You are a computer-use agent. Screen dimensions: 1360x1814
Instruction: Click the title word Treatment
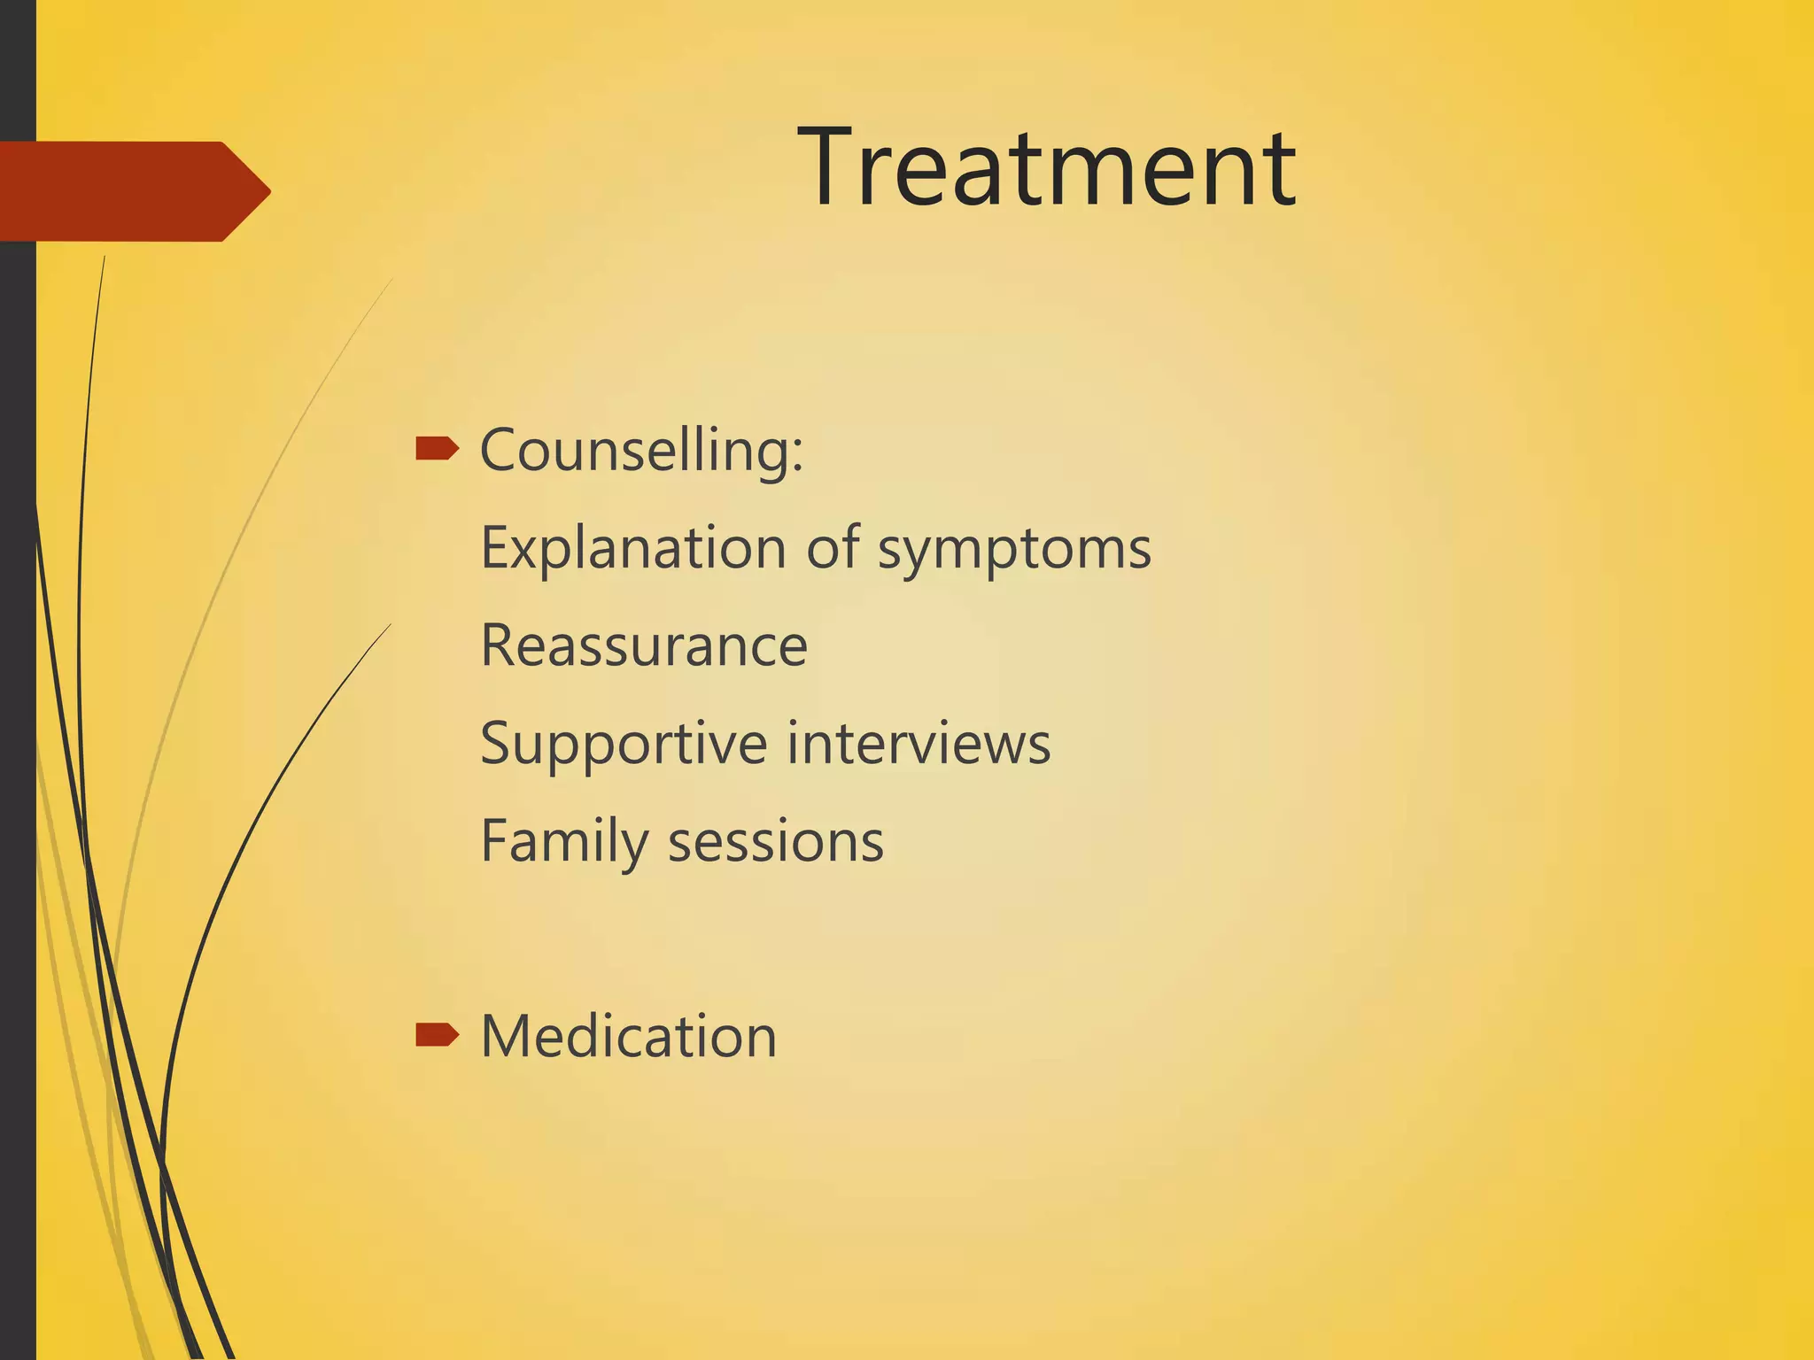tap(1047, 168)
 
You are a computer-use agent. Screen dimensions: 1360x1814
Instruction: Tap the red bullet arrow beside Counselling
tap(437, 449)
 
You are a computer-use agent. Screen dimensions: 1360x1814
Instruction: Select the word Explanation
tap(632, 548)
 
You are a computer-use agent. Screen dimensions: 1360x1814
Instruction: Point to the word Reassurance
tap(644, 645)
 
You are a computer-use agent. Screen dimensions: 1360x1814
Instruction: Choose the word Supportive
tap(623, 744)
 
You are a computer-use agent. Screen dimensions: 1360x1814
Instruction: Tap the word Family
tap(563, 841)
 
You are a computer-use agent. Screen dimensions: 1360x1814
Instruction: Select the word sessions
tap(775, 841)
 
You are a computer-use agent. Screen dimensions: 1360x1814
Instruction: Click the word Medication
tap(628, 1036)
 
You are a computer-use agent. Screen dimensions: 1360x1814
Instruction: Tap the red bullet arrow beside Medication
tap(437, 1033)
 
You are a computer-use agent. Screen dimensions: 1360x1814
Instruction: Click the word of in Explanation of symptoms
tap(833, 547)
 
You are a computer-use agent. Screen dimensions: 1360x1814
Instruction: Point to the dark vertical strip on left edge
tap(17, 708)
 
